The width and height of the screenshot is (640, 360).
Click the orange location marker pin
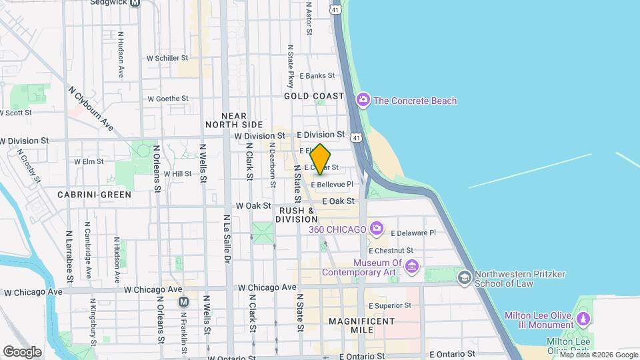coord(321,159)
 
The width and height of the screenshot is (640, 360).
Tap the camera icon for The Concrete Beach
coord(363,101)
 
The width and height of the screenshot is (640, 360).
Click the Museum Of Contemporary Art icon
coord(411,267)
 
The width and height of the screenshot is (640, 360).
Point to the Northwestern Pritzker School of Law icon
coord(465,277)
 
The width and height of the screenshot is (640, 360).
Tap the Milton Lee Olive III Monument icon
coord(584,319)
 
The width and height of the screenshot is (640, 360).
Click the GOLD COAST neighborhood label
coord(313,96)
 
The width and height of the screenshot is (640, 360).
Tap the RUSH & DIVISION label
coord(297,215)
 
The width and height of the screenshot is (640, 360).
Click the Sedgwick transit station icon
coord(135,3)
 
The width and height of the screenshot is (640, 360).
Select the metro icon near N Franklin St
coord(183,302)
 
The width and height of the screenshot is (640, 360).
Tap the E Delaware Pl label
coord(413,233)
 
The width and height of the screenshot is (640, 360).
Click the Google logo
coord(22,352)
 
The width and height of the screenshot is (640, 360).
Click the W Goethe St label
coord(168,99)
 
